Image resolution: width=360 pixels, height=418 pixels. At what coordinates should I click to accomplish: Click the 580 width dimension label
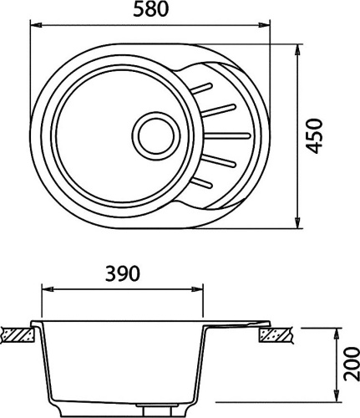150,9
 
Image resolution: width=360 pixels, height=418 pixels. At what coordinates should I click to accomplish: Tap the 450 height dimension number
314,136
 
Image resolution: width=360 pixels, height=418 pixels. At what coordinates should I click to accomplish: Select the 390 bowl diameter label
123,273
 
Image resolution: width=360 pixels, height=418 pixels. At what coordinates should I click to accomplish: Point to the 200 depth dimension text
351,364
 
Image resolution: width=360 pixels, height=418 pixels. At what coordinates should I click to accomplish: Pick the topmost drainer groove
201,88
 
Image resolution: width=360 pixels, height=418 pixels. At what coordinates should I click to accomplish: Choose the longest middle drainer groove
227,136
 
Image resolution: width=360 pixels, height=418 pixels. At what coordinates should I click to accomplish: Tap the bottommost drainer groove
201,182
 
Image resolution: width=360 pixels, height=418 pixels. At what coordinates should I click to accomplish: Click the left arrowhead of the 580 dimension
36,25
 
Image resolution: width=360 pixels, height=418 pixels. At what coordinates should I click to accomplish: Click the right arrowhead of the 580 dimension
264,25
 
